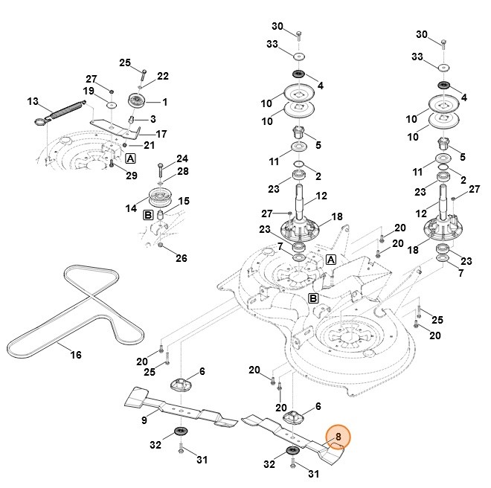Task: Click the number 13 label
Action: (32, 101)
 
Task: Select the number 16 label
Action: (76, 355)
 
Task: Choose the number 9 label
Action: (144, 421)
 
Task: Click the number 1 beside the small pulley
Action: (164, 101)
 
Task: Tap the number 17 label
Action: (161, 134)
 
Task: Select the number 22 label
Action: (163, 76)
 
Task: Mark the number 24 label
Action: (182, 158)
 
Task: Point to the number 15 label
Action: (184, 201)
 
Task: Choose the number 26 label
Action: (182, 258)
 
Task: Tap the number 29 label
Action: (132, 176)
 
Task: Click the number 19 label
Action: (89, 91)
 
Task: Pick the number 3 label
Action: (153, 118)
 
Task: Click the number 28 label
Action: (183, 172)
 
